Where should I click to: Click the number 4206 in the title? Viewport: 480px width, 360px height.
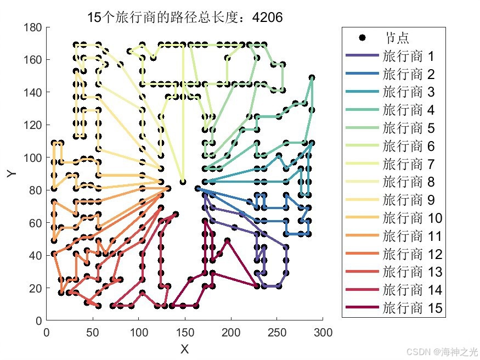[x=267, y=18]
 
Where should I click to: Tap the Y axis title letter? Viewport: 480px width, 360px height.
[x=12, y=173]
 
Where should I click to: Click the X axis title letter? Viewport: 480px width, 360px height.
[x=184, y=349]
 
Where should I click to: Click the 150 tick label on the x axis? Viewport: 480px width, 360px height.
[x=184, y=333]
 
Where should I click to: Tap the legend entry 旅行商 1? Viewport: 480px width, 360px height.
[x=408, y=56]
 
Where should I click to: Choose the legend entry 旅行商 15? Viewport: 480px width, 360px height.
[x=412, y=308]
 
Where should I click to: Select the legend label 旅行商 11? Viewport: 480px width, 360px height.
[x=412, y=236]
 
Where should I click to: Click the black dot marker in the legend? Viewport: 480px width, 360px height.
[x=362, y=38]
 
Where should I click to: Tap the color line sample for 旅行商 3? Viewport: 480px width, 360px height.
[x=362, y=92]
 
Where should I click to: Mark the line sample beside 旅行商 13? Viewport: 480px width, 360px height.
[x=362, y=272]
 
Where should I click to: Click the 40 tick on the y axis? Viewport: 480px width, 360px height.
[x=35, y=256]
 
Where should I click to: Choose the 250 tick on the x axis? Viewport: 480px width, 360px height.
[x=277, y=333]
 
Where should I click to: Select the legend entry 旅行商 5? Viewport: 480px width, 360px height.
[x=408, y=128]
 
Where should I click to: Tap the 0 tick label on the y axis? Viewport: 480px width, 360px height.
[x=38, y=320]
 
